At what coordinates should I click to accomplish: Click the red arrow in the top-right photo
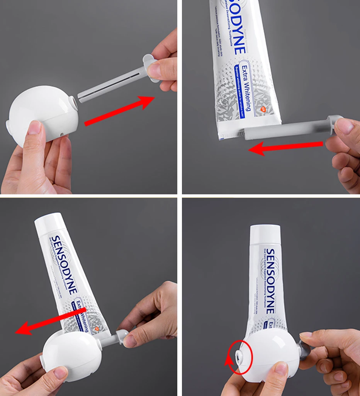pyautogui.click(x=286, y=147)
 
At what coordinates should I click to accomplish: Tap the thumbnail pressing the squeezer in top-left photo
pyautogui.click(x=35, y=127)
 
